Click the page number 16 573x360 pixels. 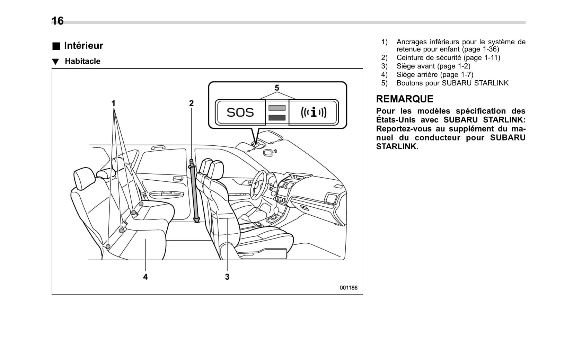click(58, 21)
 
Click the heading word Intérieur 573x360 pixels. click(83, 46)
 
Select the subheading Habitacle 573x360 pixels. click(82, 61)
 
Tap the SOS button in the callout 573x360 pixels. click(240, 112)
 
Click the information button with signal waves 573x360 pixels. click(314, 112)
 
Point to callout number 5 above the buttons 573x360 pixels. click(277, 88)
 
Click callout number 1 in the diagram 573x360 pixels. click(113, 103)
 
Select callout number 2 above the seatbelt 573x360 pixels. click(191, 103)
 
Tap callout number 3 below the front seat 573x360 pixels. click(227, 277)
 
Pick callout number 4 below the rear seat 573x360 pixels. click(146, 277)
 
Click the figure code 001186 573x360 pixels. click(348, 288)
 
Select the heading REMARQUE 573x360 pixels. click(405, 99)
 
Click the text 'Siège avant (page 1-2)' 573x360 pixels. click(433, 66)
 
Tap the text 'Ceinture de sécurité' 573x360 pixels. click(429, 58)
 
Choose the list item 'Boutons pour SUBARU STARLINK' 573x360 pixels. click(452, 83)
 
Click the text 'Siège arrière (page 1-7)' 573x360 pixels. click(435, 74)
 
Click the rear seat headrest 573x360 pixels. click(84, 178)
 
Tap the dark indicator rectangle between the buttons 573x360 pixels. click(277, 118)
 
